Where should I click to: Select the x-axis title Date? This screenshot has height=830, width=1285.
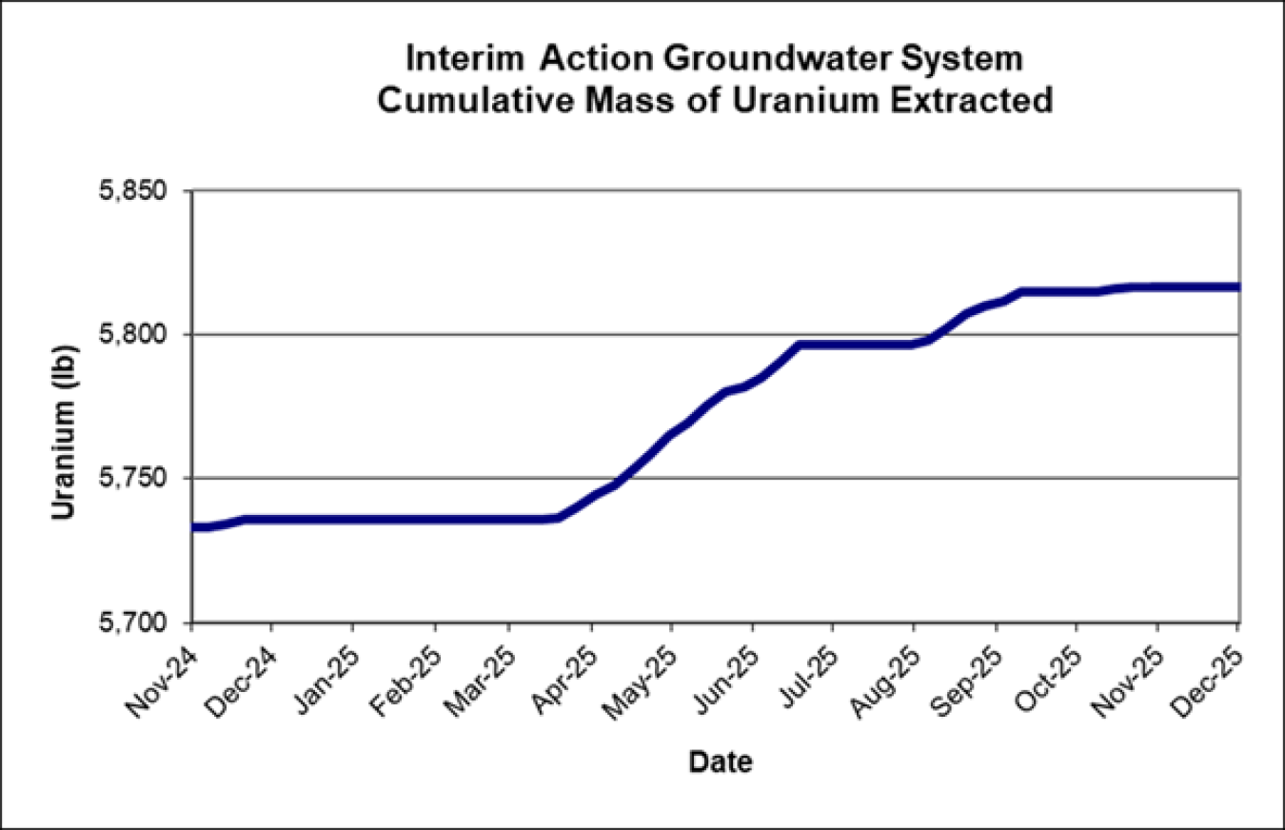click(x=721, y=761)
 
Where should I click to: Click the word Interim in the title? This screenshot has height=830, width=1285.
click(x=465, y=59)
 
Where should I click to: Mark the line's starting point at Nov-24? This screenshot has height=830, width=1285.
click(x=193, y=526)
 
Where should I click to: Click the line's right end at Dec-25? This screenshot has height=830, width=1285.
click(x=1236, y=287)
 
